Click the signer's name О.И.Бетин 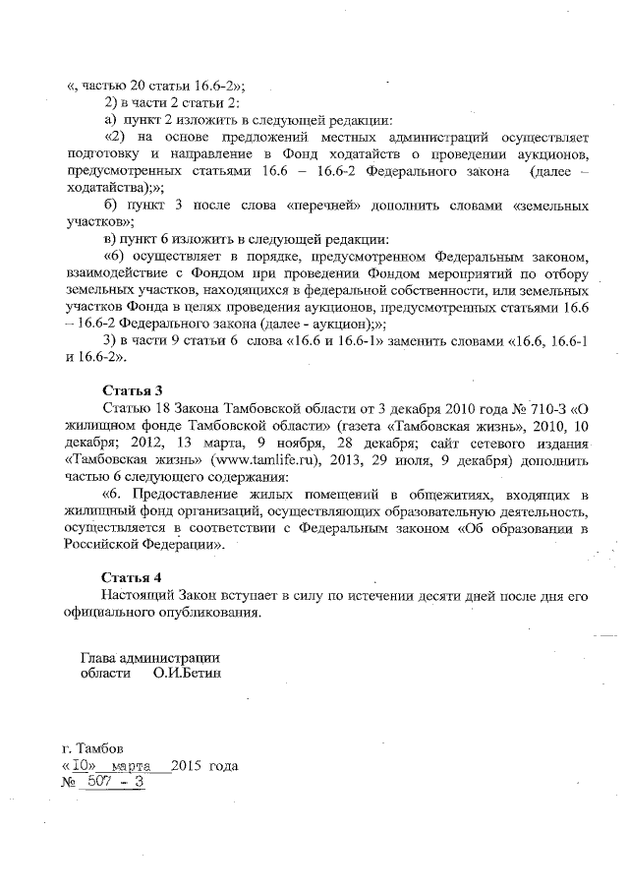188,674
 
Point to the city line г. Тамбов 93,746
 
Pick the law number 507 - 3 116,782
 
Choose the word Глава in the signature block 99,656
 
